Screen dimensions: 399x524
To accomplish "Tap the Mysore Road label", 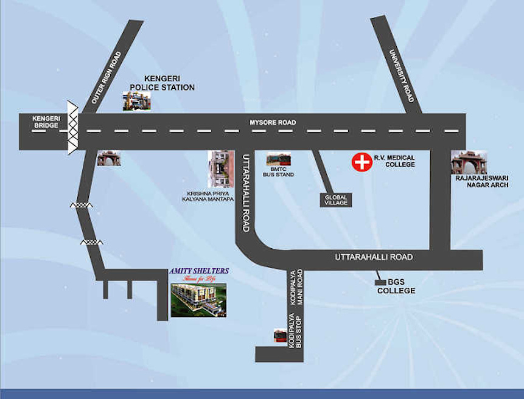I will click(273, 123).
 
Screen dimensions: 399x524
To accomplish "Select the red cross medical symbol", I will click(362, 162).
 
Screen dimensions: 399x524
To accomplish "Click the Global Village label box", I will click(335, 199).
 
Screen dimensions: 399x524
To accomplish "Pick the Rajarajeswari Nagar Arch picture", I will click(469, 162).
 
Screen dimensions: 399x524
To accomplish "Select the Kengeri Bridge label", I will click(46, 122).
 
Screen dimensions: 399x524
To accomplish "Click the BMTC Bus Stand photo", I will click(279, 161).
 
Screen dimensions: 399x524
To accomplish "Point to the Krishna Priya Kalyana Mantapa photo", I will click(220, 168).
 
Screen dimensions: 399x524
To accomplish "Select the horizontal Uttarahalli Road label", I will click(373, 257).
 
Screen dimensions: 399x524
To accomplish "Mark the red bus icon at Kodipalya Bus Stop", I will click(280, 336).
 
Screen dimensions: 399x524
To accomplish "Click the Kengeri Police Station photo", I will click(136, 101).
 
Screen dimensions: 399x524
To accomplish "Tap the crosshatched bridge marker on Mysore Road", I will click(73, 127).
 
